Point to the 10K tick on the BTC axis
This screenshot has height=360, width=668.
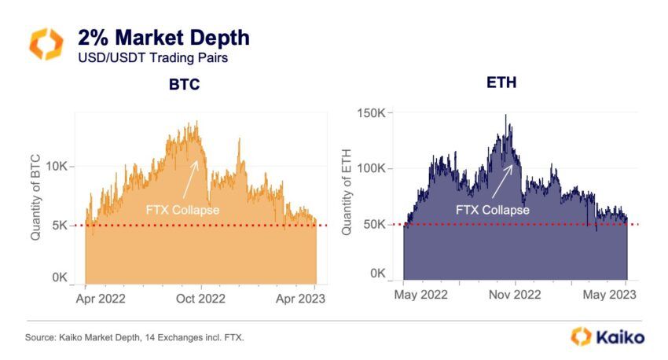[58, 166]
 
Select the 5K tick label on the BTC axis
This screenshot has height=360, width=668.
[61, 225]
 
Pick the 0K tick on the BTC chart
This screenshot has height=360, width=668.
[61, 277]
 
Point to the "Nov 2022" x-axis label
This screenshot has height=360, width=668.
[515, 295]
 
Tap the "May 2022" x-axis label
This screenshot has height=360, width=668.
[420, 295]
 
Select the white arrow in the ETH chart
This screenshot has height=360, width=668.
[501, 183]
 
